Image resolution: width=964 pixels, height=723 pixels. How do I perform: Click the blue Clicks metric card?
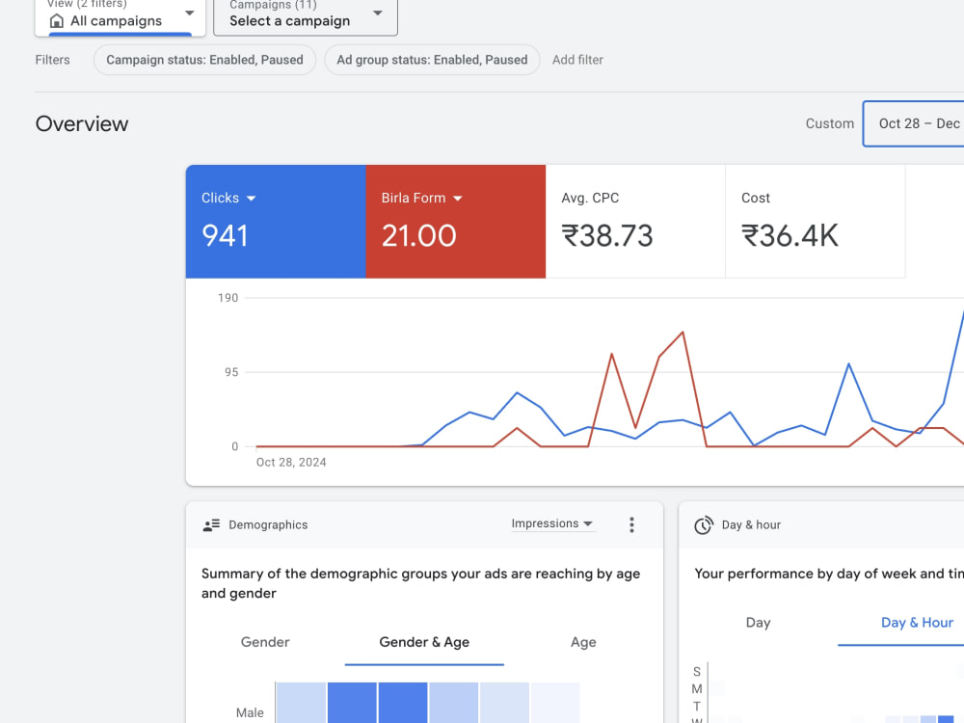point(276,222)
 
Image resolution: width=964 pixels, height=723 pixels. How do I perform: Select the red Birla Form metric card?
point(456,222)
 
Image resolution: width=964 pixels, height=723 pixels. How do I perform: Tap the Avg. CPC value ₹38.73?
point(606,236)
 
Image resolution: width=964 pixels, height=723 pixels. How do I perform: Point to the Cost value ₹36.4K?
point(790,236)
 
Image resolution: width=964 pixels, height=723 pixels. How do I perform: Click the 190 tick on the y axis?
point(228,298)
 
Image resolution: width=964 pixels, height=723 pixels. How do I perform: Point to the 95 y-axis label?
point(231,372)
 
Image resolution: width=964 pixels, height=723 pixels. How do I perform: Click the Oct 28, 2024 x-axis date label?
point(291,463)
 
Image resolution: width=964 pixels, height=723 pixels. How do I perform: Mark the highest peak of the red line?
point(683,333)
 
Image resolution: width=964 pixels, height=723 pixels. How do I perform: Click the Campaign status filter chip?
point(204,60)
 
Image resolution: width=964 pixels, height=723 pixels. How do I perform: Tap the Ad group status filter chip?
point(432,60)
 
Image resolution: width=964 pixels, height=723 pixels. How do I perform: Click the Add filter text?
point(577,60)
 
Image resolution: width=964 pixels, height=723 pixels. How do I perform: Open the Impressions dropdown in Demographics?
point(552,523)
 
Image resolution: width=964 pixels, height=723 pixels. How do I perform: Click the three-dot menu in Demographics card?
point(631,524)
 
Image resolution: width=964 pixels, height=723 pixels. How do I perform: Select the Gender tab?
point(265,642)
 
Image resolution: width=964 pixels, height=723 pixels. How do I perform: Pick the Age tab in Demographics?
point(583,642)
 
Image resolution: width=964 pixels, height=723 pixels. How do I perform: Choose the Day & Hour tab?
point(917,623)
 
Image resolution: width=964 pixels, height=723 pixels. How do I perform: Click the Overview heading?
point(82,124)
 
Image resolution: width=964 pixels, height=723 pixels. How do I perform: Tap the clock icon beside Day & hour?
point(704,525)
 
